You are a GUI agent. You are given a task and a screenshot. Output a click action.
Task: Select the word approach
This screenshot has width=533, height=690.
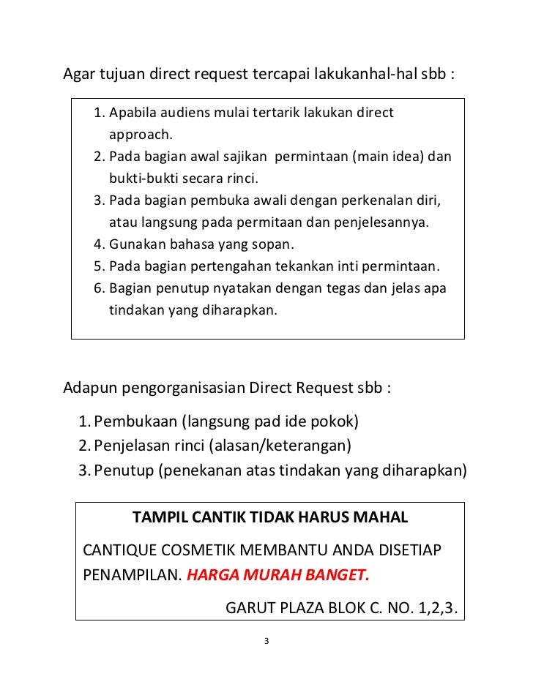(140, 135)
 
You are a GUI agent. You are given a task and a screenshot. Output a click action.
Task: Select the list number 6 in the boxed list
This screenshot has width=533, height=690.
(99, 288)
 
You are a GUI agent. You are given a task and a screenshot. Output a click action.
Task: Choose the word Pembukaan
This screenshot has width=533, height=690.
(135, 422)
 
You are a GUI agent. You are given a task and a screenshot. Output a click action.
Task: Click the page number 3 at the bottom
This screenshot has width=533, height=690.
(266, 642)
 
